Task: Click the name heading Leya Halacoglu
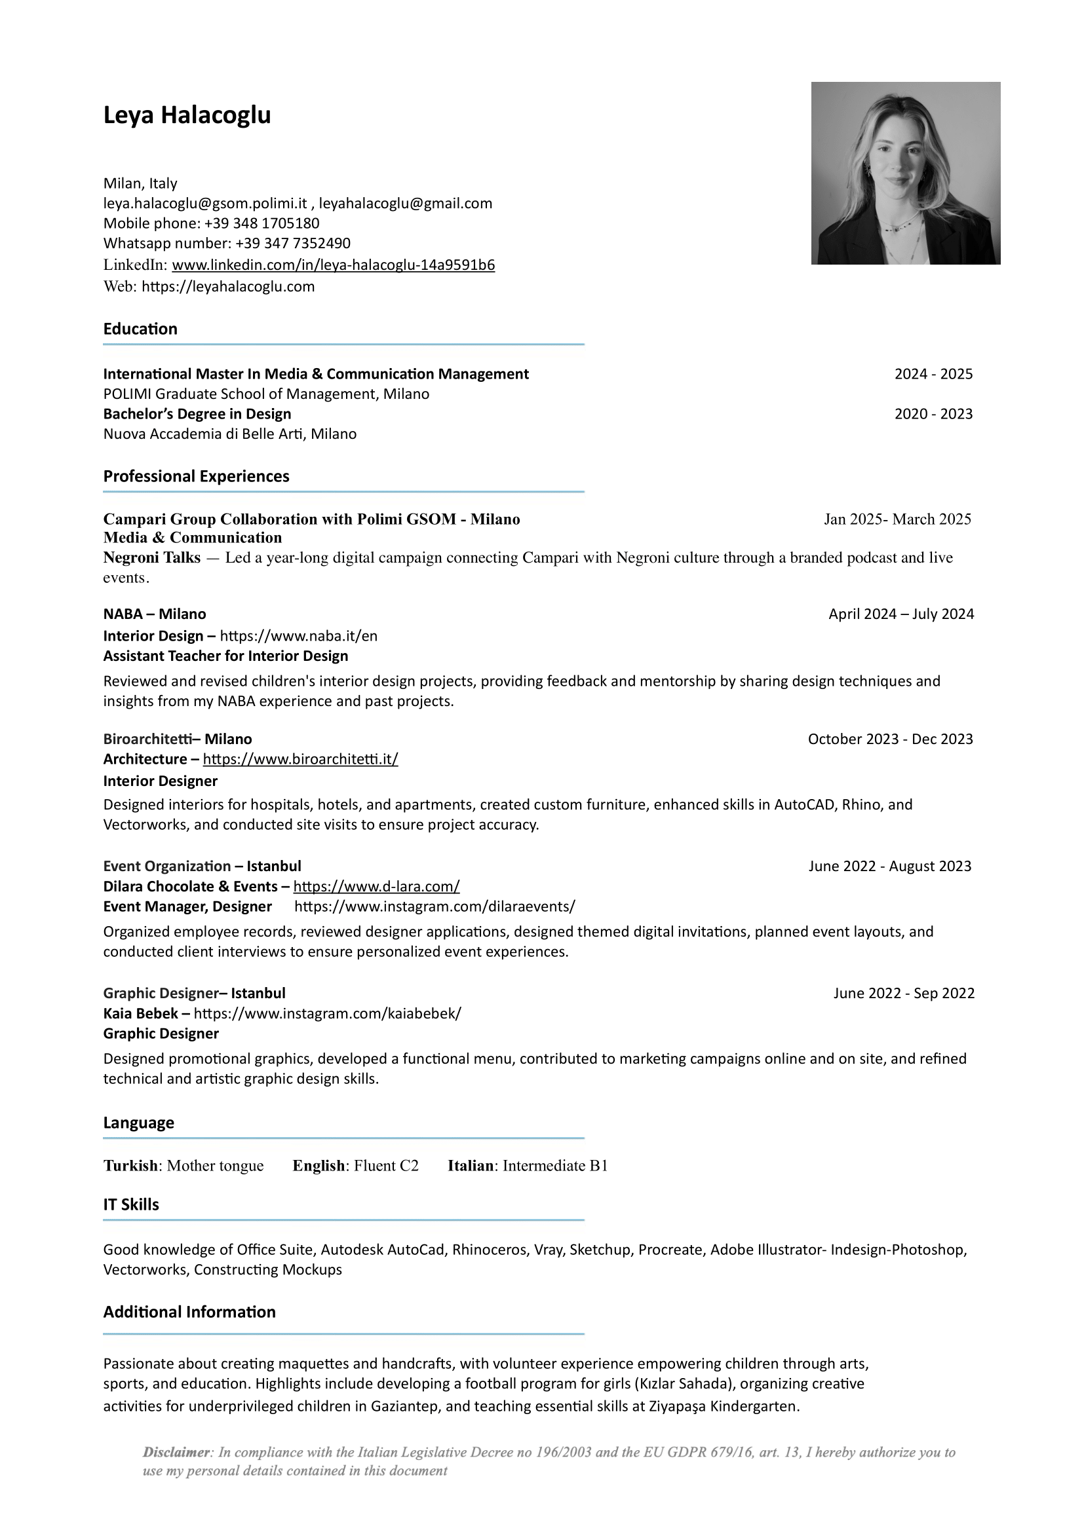point(187,115)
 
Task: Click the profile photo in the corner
point(905,173)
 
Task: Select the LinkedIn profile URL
point(333,265)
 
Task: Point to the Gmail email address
point(405,203)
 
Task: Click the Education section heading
point(140,329)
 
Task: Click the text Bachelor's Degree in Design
point(197,414)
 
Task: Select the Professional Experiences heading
point(195,476)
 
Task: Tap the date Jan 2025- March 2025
point(897,519)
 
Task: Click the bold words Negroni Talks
point(151,558)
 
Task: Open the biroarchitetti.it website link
point(300,759)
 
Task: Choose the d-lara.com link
point(376,886)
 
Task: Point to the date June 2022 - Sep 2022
point(904,993)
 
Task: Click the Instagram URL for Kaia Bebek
point(327,1013)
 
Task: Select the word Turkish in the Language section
point(130,1166)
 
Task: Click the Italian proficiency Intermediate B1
point(555,1166)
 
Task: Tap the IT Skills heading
point(131,1205)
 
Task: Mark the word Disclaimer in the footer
point(176,1452)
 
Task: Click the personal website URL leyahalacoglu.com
point(228,287)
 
